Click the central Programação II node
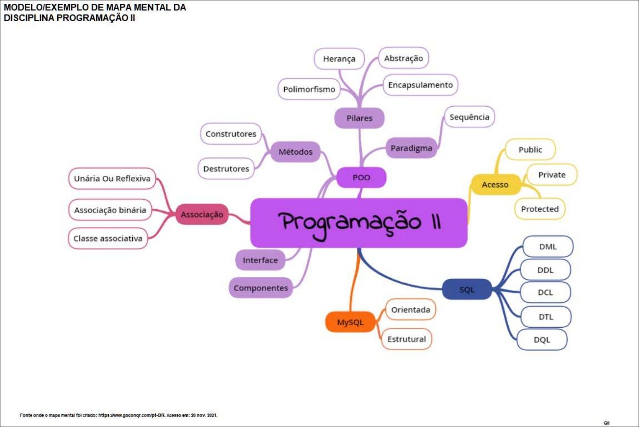[359, 223]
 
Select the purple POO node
[361, 178]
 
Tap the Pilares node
[359, 118]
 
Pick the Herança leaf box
[339, 59]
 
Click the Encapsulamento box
[420, 85]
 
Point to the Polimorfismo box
[309, 89]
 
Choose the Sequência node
[469, 117]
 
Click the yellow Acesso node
[495, 185]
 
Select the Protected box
[540, 209]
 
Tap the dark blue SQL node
[467, 290]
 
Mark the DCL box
[545, 292]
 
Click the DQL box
[542, 340]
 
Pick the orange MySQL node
[350, 322]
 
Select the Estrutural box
[407, 339]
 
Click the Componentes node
[261, 288]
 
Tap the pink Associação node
[202, 215]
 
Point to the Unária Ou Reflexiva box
[112, 179]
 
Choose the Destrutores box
[226, 169]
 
